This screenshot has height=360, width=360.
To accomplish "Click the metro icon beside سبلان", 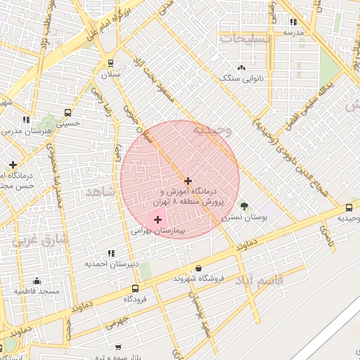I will pyautogui.click(x=111, y=64).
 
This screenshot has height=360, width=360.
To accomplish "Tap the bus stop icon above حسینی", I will pyautogui.click(x=67, y=112).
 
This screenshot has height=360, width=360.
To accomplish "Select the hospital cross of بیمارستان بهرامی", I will pyautogui.click(x=157, y=220).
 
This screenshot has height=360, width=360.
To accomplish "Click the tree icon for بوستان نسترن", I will pyautogui.click(x=244, y=206).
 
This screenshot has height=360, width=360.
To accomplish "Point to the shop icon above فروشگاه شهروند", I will pyautogui.click(x=199, y=268).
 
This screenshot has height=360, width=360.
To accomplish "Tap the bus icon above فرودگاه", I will pyautogui.click(x=135, y=288).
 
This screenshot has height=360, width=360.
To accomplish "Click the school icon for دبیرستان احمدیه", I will pyautogui.click(x=111, y=253).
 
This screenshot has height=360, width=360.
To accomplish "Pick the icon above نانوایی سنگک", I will pyautogui.click(x=241, y=67).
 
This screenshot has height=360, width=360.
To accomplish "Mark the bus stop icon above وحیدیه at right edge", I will pyautogui.click(x=349, y=207).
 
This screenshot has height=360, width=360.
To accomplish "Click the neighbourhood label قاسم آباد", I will pyautogui.click(x=260, y=281).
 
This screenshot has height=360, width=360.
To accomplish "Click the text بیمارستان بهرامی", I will pyautogui.click(x=157, y=230).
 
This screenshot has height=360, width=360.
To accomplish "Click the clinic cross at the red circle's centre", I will pyautogui.click(x=188, y=181).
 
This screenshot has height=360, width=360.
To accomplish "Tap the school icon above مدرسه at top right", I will pyautogui.click(x=293, y=22).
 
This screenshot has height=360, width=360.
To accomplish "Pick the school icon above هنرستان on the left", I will pyautogui.click(x=27, y=120).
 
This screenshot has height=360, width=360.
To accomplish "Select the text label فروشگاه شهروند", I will pyautogui.click(x=199, y=278).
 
